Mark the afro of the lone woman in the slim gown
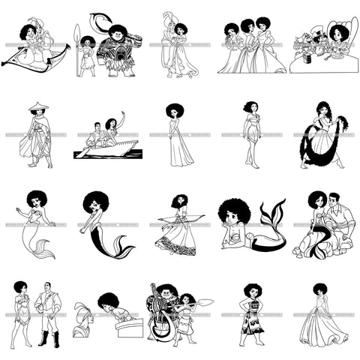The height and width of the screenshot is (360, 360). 175,110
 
